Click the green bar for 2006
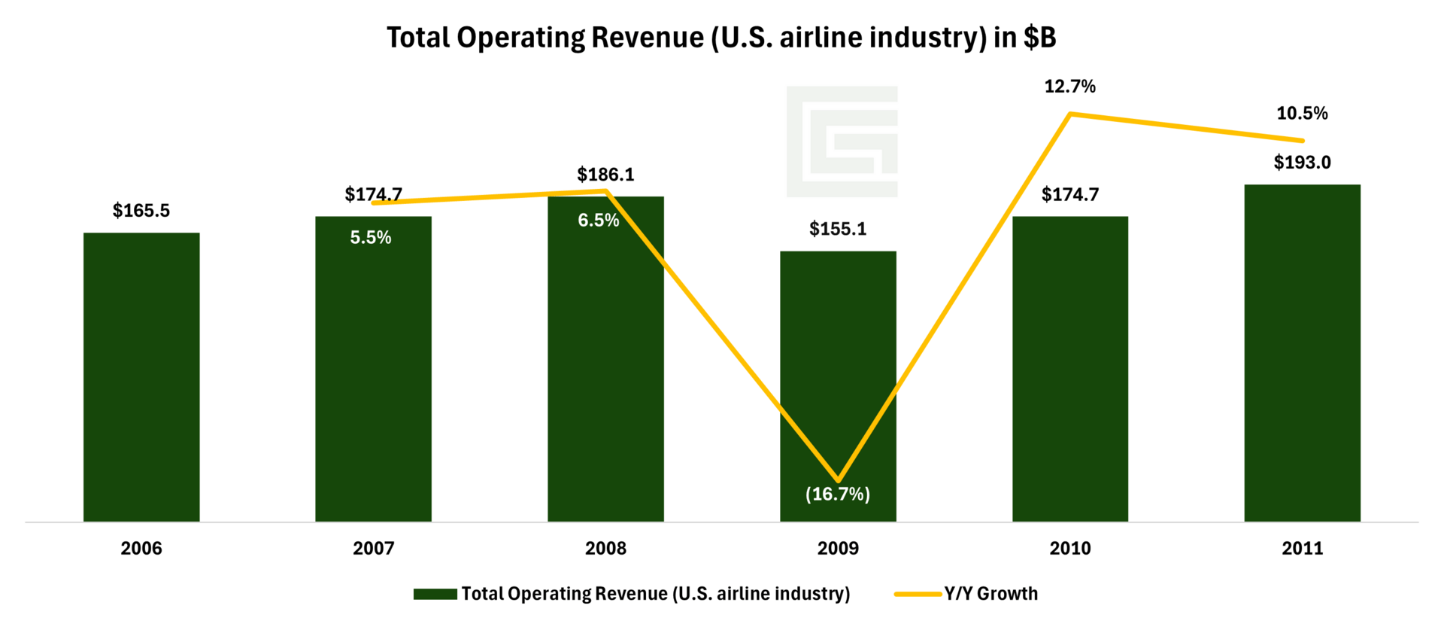click(141, 376)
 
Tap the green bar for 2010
click(1069, 369)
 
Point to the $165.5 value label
click(141, 211)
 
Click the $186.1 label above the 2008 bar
click(605, 175)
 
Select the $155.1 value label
click(838, 229)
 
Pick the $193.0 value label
click(1302, 163)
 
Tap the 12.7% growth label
click(1069, 87)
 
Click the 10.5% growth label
click(1302, 114)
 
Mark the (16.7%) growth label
click(838, 495)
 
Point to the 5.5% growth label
click(371, 238)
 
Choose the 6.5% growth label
click(599, 221)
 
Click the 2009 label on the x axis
click(838, 549)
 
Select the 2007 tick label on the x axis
click(374, 549)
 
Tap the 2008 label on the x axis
click(605, 549)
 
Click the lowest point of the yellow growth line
click(838, 480)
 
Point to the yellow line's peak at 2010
click(1069, 114)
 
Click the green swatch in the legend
click(435, 595)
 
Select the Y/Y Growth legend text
click(991, 594)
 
